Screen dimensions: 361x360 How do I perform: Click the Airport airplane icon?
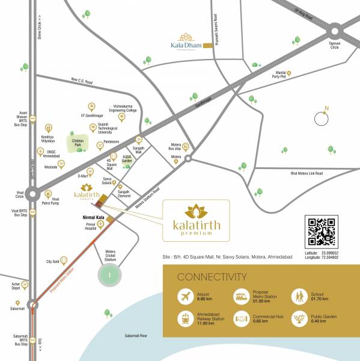pyautogui.click(x=185, y=297)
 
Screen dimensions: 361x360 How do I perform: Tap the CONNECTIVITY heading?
pyautogui.click(x=212, y=277)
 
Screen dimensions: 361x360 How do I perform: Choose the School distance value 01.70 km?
pyautogui.click(x=319, y=299)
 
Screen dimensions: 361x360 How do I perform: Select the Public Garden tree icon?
pyautogui.click(x=298, y=319)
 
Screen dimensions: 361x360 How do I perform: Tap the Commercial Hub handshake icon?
pyautogui.click(x=242, y=319)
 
